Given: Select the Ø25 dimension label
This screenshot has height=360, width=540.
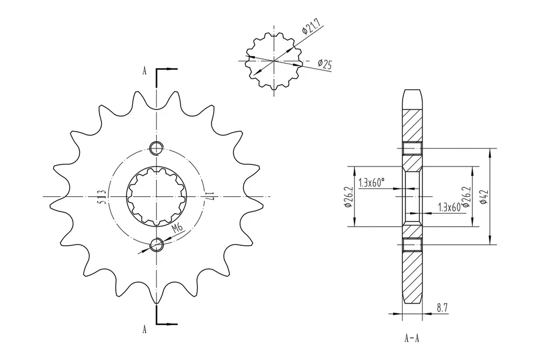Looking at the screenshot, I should [x=325, y=64].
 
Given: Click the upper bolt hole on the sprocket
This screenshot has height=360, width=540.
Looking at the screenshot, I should [x=156, y=148].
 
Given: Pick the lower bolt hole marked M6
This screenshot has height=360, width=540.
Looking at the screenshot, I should [x=157, y=244].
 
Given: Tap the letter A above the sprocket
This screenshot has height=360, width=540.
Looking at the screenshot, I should [x=145, y=71].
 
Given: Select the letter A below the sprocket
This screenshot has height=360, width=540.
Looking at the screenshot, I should [x=145, y=330].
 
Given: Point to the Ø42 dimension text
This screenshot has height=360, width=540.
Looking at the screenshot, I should [x=483, y=196].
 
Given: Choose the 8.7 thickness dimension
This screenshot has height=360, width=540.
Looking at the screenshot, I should [x=443, y=307].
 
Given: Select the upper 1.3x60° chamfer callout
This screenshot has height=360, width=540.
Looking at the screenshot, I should [x=372, y=182].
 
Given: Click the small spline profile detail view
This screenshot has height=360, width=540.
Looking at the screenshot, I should [x=274, y=60].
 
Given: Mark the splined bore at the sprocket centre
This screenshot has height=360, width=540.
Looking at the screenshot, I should [x=156, y=196].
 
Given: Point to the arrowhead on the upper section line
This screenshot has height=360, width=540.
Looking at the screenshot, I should [x=174, y=69].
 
